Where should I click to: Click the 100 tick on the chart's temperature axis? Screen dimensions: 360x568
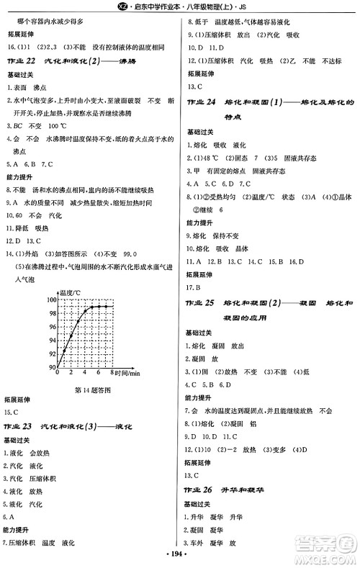pos(50,299)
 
